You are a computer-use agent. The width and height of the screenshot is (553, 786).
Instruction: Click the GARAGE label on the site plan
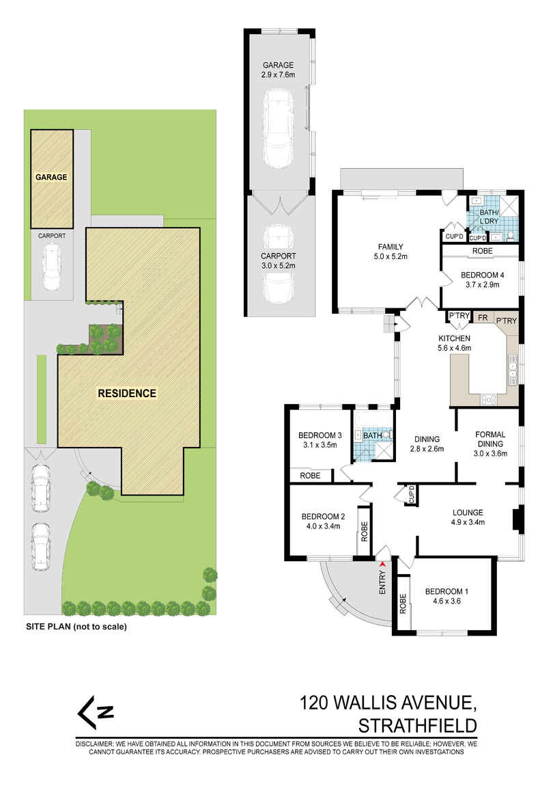52,178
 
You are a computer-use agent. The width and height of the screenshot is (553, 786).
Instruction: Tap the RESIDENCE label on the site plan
126,393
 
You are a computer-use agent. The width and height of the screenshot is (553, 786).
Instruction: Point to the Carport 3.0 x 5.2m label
279,260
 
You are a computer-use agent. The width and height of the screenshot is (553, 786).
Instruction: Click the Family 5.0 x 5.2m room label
391,252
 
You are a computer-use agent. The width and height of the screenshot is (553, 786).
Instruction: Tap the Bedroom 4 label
482,280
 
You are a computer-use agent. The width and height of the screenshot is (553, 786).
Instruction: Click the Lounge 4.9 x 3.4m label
467,517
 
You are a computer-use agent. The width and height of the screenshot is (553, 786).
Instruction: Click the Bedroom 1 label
448,596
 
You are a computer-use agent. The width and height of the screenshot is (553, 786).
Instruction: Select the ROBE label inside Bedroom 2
364,531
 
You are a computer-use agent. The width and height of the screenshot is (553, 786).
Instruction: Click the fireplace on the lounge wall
517,521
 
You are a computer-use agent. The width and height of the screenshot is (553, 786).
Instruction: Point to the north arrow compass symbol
95,712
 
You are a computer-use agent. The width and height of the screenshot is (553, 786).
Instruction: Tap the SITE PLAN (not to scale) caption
76,626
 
